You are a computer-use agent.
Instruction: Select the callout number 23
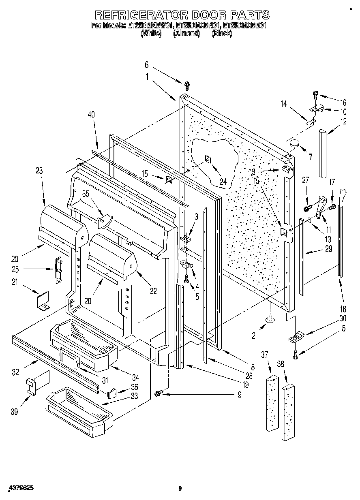(39, 171)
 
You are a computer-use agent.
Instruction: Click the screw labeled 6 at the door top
(187, 85)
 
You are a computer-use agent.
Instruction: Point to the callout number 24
(223, 182)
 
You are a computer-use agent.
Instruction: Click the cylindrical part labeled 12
(324, 153)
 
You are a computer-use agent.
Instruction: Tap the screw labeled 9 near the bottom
(159, 392)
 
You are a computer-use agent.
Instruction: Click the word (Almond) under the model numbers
(186, 34)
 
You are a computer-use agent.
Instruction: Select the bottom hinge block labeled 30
(296, 336)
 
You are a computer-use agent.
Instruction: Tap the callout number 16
(343, 103)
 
